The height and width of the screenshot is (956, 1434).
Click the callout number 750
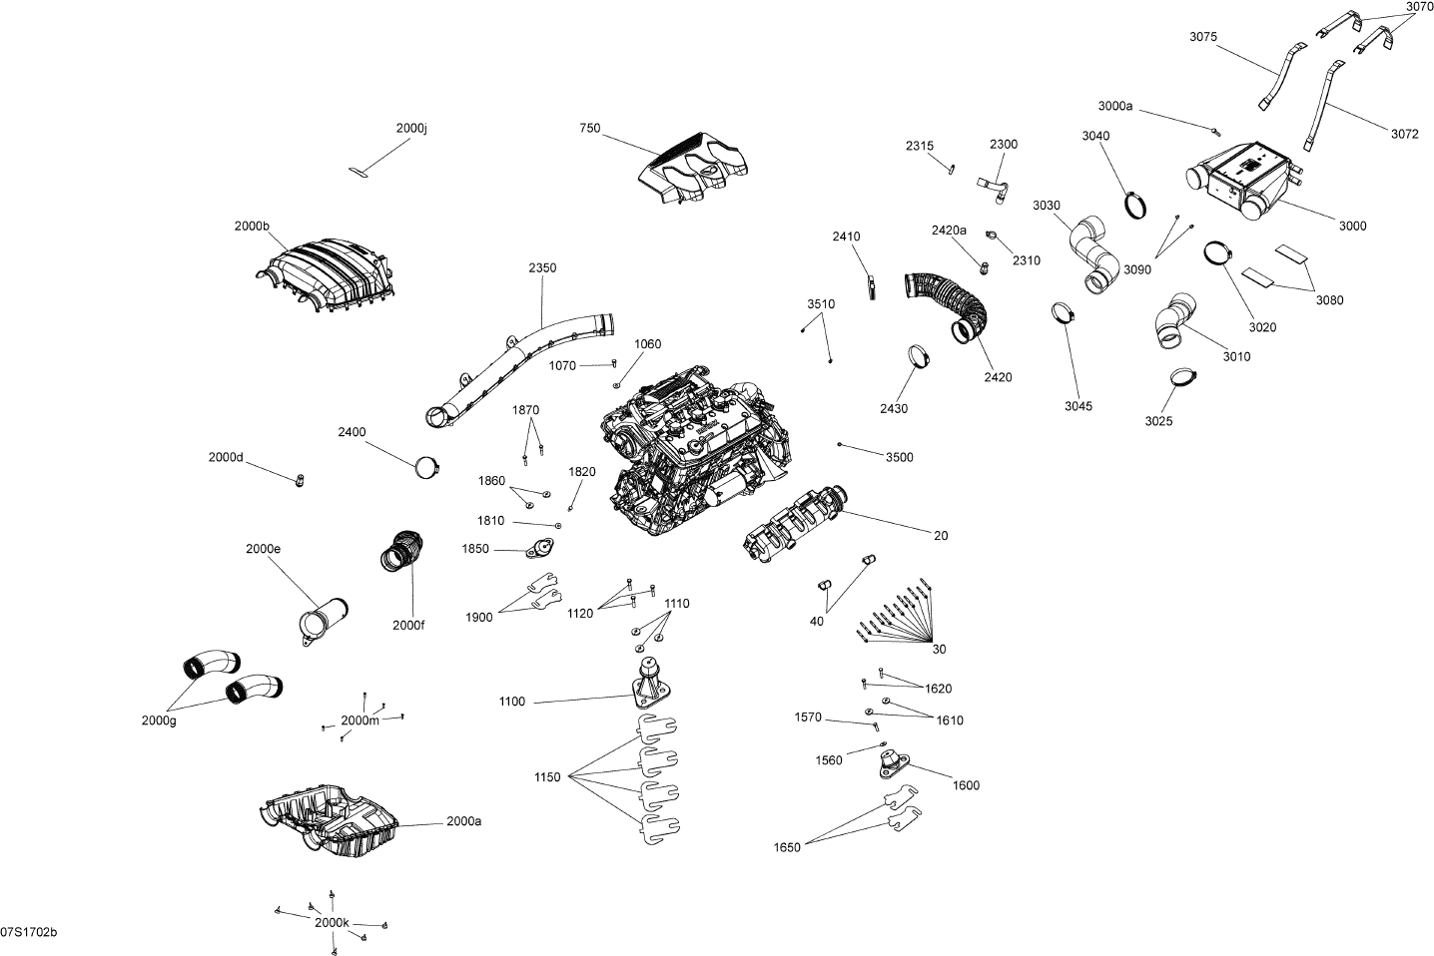[x=590, y=128]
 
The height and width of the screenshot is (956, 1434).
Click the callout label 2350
[x=542, y=267]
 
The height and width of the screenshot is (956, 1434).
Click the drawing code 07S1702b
[x=29, y=932]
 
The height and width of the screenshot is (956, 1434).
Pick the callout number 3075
[x=1203, y=37]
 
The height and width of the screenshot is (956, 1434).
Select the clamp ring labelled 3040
[x=1135, y=205]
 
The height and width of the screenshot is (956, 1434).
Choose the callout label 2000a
[x=463, y=821]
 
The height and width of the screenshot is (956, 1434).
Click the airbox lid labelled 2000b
[x=326, y=275]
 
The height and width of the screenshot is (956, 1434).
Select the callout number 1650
[x=787, y=847]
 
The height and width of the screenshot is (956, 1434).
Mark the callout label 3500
[x=899, y=457]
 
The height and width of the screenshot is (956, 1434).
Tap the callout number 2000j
[x=410, y=128]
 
